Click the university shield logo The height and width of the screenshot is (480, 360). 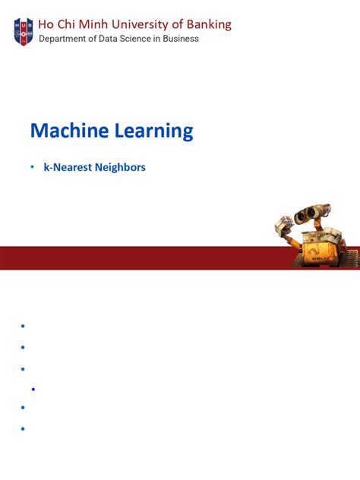[x=24, y=30]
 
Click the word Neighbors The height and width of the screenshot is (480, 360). [x=120, y=167]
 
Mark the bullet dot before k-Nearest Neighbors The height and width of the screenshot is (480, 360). [x=33, y=166]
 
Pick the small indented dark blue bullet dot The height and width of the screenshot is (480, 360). [x=34, y=389]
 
